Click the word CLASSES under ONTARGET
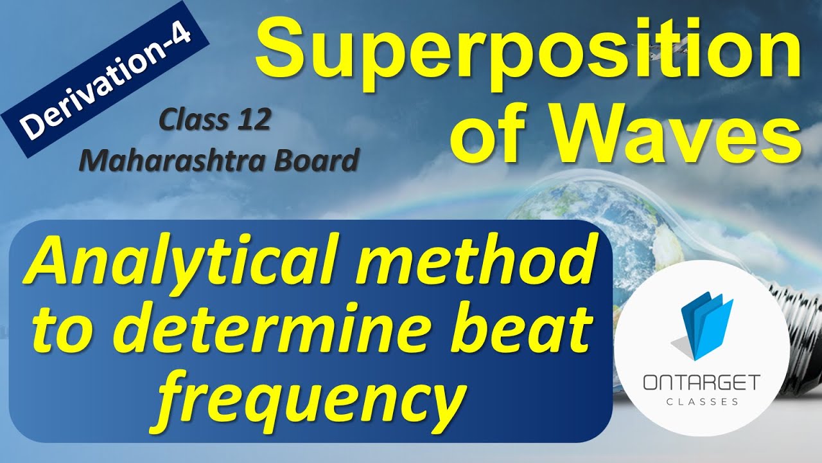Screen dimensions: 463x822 (x=701, y=401)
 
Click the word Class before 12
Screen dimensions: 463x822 (x=189, y=120)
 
